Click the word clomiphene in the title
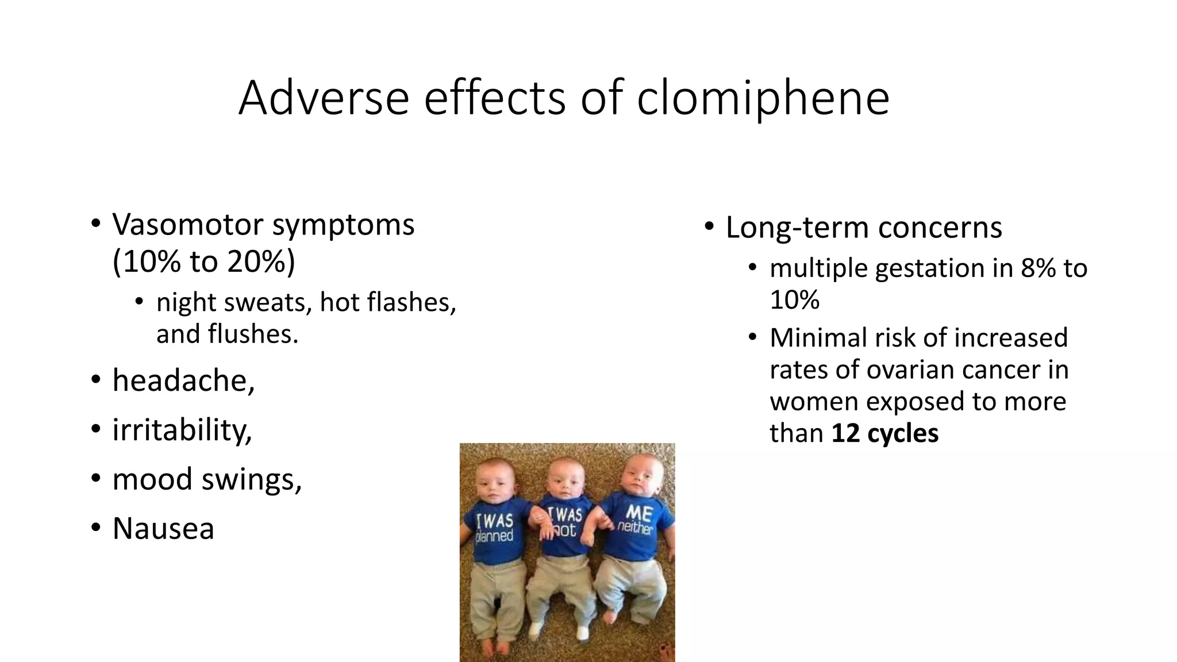(763, 98)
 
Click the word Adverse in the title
(324, 98)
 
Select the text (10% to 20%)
(203, 261)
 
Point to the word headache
(183, 380)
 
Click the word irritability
(182, 430)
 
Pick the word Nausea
(163, 528)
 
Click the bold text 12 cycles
(884, 433)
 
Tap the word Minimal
(818, 338)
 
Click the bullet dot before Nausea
(96, 528)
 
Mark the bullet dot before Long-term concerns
(709, 226)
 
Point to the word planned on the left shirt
(494, 537)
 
